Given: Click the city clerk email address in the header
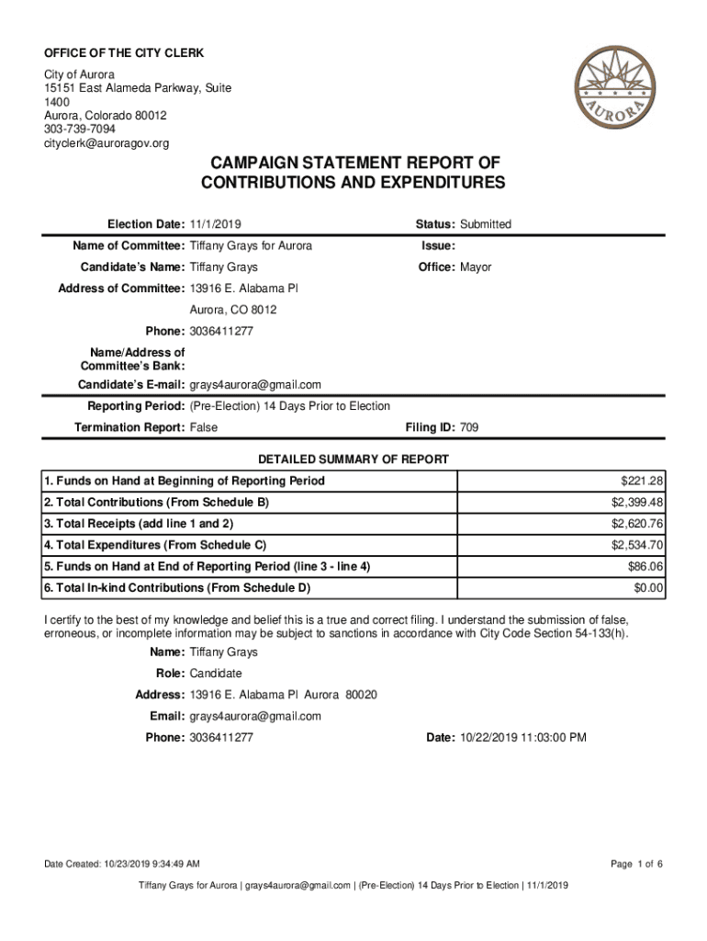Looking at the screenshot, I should click(x=107, y=143).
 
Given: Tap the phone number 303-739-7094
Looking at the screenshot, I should click(x=80, y=130).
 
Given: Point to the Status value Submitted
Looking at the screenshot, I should click(x=486, y=224).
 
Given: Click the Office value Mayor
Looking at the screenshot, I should click(x=476, y=267).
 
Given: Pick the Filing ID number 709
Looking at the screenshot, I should click(x=469, y=427).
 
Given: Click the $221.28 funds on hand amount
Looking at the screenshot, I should click(x=642, y=482).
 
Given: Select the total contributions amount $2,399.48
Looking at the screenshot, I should click(x=637, y=503).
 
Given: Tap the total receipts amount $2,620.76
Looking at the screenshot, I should click(x=637, y=524).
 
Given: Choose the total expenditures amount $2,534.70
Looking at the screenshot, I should click(x=637, y=546).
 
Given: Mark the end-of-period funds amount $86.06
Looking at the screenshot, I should click(x=645, y=567).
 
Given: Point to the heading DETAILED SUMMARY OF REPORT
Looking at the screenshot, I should click(x=353, y=459).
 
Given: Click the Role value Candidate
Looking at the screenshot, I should click(x=216, y=674).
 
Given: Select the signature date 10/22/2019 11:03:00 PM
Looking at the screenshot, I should click(x=521, y=737).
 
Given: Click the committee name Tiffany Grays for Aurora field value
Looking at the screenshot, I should click(x=251, y=246).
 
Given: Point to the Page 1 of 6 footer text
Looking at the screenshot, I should click(x=636, y=864).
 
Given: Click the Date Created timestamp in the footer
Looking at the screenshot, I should click(x=123, y=864).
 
